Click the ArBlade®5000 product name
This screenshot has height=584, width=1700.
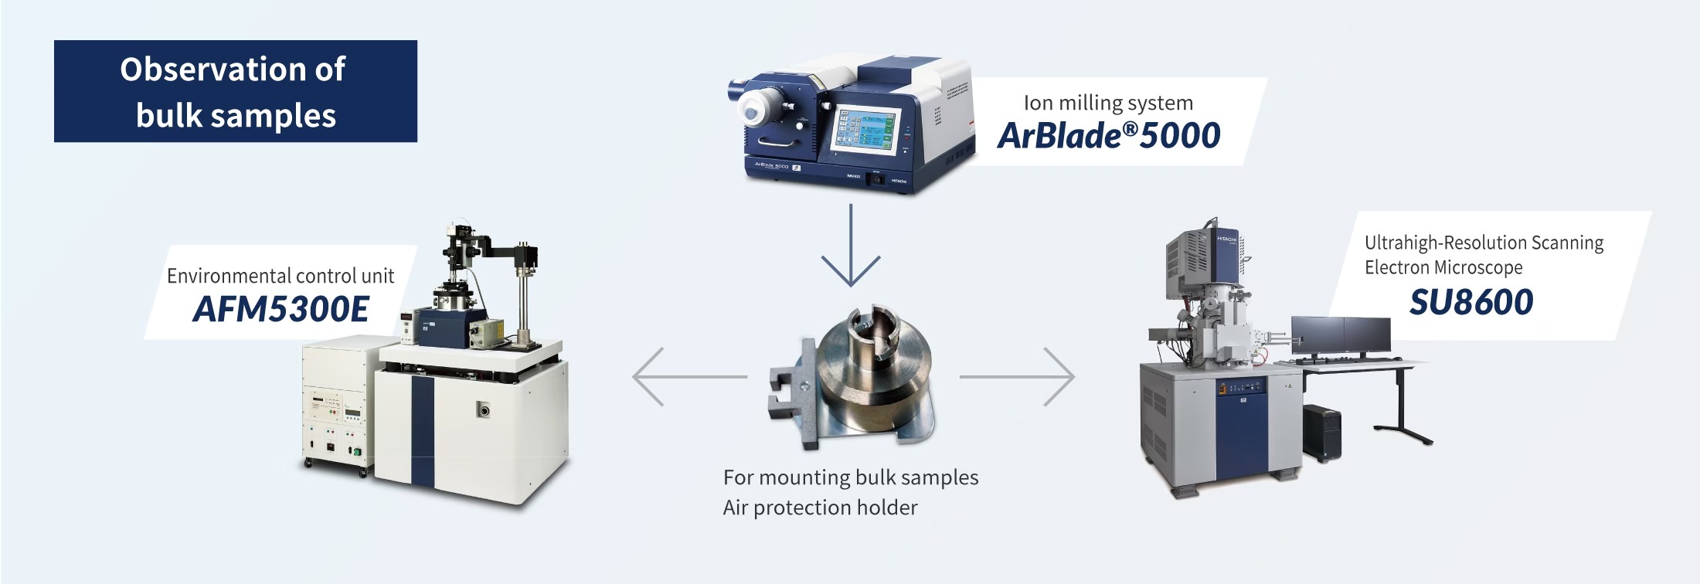pos(1109,135)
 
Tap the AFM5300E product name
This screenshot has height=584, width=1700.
pos(280,309)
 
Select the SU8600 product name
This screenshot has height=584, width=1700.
pos(1471,302)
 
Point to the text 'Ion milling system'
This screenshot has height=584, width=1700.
pos(1108,103)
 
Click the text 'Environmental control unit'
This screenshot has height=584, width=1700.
pos(280,276)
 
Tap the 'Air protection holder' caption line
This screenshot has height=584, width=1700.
pos(820,508)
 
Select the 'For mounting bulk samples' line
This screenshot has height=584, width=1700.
pos(851,477)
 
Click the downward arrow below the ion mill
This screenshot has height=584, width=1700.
pos(851,246)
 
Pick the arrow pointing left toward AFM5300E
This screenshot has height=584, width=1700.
pos(689,377)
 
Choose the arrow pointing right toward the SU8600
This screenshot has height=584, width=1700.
pos(1017,377)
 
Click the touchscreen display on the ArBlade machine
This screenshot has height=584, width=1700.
pos(865,128)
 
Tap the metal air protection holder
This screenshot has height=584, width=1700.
pos(850,379)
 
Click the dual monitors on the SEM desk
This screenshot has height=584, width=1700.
pos(1341,334)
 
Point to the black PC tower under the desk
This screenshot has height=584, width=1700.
pos(1321,433)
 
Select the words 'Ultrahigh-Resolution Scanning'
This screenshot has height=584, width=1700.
pos(1484,243)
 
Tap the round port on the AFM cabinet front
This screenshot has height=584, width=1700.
pos(484,409)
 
